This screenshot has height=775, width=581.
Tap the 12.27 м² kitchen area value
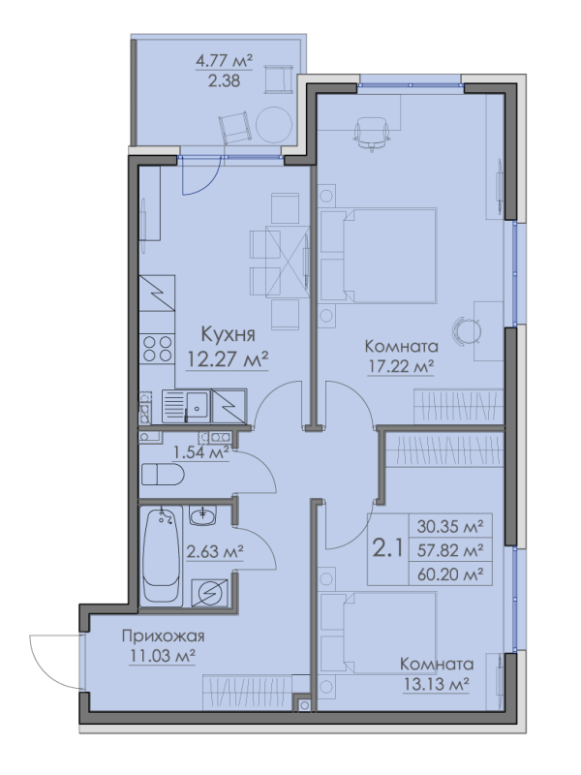(227, 360)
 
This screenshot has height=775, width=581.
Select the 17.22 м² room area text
(398, 366)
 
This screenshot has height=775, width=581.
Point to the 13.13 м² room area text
(436, 685)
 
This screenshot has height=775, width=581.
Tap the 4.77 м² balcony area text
(224, 61)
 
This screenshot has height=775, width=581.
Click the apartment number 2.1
(388, 551)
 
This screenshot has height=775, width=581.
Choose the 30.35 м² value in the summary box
(449, 527)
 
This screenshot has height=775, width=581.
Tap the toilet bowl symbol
(162, 475)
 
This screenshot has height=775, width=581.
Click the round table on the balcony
(272, 123)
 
